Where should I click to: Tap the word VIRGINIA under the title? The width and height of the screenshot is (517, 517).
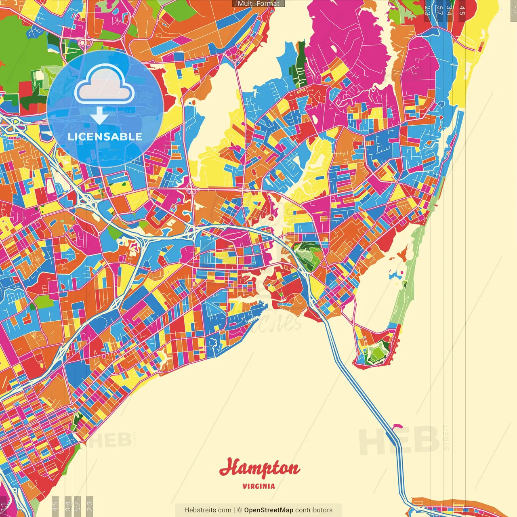coord(259,486)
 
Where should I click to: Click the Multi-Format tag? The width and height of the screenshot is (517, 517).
coord(258,4)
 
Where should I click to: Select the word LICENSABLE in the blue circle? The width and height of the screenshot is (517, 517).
coord(105,137)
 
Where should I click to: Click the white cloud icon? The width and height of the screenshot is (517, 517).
coord(105,85)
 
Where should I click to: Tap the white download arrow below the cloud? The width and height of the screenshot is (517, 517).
coord(99,116)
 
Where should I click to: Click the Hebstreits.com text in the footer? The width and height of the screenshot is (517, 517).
coord(208,510)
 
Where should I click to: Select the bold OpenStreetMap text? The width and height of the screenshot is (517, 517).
coord(268,510)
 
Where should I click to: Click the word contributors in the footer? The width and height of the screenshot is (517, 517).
coord(314,510)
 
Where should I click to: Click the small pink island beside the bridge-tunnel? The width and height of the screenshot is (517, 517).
coord(398,426)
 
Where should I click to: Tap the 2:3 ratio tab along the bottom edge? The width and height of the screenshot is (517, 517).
coord(90,506)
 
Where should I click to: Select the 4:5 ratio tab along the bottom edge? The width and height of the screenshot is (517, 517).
coord(55,506)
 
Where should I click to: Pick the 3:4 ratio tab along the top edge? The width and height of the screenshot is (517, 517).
coord(449,10)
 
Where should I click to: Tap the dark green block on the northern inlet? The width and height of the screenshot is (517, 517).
coord(301,65)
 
